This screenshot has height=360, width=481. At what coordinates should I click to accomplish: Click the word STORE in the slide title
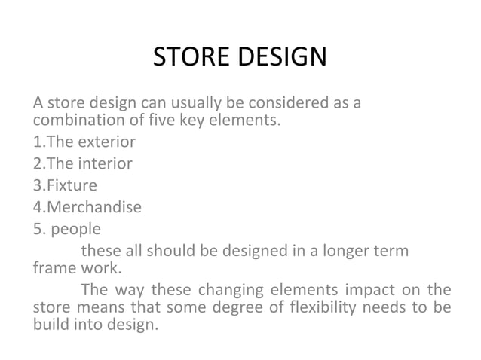click(x=191, y=57)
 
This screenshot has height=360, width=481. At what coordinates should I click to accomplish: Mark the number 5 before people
click(x=36, y=226)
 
